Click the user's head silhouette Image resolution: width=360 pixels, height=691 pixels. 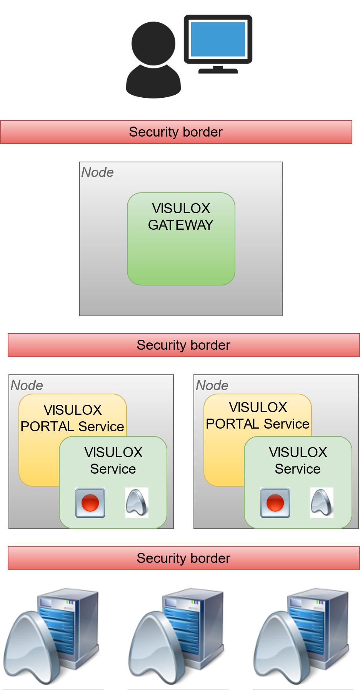153,43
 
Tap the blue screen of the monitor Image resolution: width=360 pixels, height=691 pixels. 218,39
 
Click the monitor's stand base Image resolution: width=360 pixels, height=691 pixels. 218,70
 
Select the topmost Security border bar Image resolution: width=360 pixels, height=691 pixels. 176,132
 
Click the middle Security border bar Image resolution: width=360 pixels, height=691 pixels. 183,345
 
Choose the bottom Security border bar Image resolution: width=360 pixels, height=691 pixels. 183,558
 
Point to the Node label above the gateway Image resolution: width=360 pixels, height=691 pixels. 97,172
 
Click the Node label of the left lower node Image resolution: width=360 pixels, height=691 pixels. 27,386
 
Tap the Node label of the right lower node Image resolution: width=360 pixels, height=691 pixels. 212,386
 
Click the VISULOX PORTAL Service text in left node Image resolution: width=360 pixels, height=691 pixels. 72,418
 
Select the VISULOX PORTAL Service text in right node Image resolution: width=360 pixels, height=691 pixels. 258,416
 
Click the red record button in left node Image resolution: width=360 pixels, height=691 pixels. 90,503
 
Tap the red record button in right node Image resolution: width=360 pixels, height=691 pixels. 275,503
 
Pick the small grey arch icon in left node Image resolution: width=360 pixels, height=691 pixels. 137,502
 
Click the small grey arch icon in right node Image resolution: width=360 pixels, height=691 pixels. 322,502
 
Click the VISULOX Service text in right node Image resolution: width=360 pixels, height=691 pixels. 298,461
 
